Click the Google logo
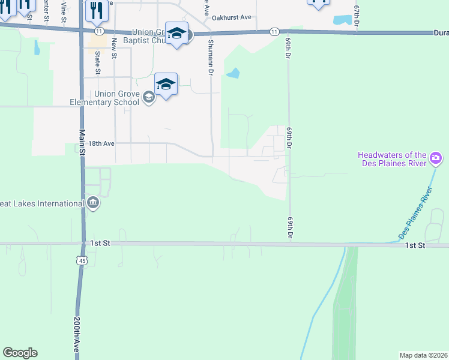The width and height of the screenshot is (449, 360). pyautogui.click(x=20, y=353)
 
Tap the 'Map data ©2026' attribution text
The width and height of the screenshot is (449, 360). pyautogui.click(x=424, y=355)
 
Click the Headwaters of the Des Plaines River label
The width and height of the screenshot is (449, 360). pyautogui.click(x=392, y=159)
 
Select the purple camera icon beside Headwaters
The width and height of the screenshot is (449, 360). pyautogui.click(x=436, y=160)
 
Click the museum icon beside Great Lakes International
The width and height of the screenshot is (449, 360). pyautogui.click(x=92, y=203)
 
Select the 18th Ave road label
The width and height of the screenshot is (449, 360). pyautogui.click(x=101, y=144)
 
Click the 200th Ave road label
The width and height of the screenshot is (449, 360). pyautogui.click(x=77, y=335)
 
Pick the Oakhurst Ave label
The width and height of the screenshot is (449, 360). pyautogui.click(x=233, y=17)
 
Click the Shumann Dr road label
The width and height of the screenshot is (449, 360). pyautogui.click(x=211, y=57)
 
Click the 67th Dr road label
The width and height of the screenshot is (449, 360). pyautogui.click(x=357, y=14)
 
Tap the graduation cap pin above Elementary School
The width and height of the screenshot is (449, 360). pyautogui.click(x=166, y=85)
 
